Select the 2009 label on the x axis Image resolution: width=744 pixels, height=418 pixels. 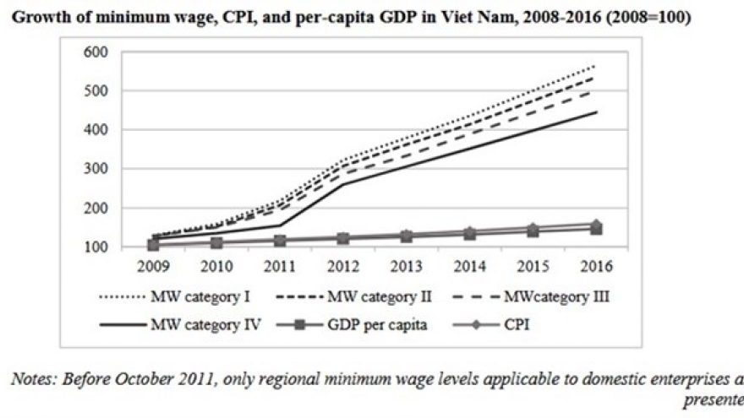(x=150, y=265)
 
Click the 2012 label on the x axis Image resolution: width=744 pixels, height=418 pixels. (x=342, y=265)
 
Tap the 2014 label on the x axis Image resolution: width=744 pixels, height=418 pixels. (x=468, y=265)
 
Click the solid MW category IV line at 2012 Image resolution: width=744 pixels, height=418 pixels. (x=342, y=184)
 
